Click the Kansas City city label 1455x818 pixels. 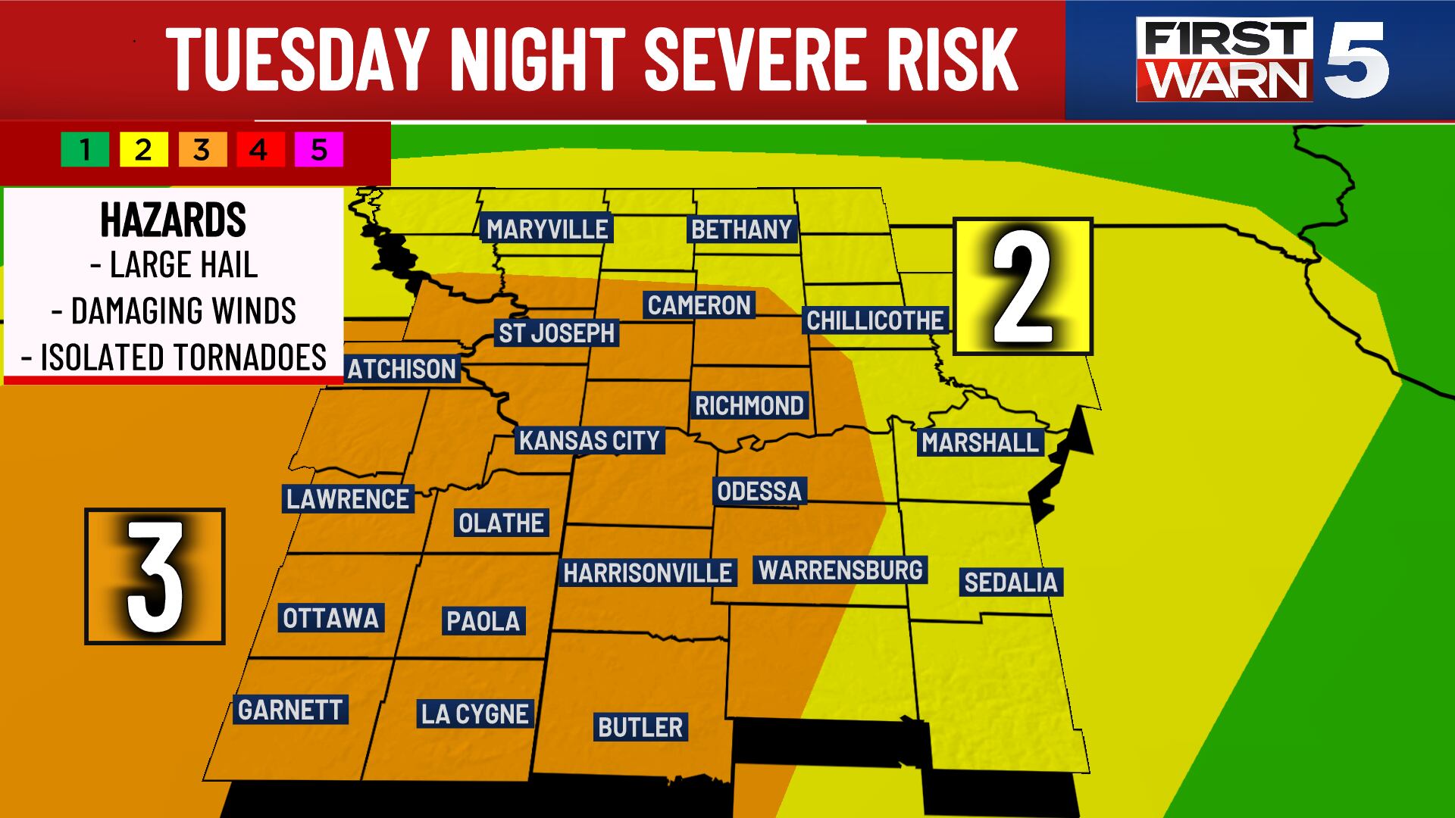[589, 440]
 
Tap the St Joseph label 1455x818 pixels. [556, 333]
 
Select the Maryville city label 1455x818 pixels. [547, 229]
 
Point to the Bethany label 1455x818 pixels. [741, 229]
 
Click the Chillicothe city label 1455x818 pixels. [875, 320]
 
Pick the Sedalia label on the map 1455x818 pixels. [1010, 582]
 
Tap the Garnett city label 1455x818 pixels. [290, 710]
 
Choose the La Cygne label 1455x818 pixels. [475, 713]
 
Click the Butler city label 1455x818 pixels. [640, 727]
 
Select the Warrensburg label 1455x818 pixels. [840, 570]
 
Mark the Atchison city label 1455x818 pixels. [402, 369]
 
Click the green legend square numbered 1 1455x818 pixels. [85, 150]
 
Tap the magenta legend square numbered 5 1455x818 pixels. [319, 150]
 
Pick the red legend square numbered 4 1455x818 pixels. [259, 150]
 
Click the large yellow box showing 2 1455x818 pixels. [1022, 286]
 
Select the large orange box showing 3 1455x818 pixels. [155, 576]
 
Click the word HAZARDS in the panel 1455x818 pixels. [174, 220]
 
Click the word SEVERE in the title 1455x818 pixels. [750, 59]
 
